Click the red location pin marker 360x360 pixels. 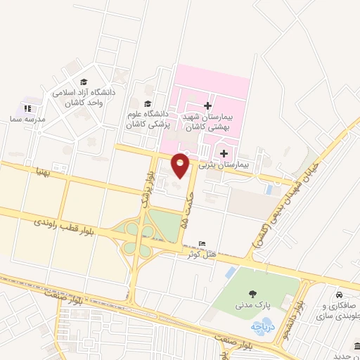click(181, 164)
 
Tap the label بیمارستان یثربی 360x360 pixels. click(224, 165)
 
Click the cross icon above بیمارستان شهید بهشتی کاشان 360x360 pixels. click(207, 105)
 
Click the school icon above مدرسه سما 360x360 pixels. click(28, 108)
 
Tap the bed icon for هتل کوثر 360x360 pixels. click(203, 243)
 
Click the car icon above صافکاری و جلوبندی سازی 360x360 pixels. click(340, 294)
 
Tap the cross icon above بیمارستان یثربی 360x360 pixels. click(224, 153)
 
